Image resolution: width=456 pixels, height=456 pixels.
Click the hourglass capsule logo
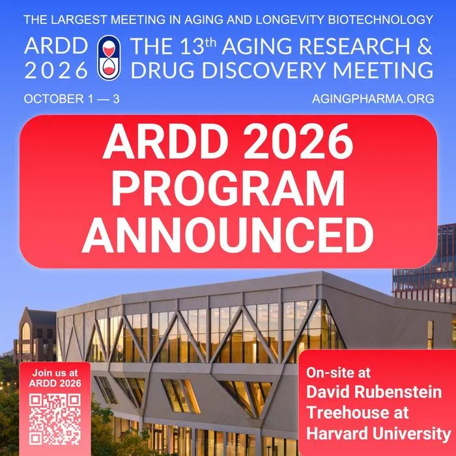pos(109,57)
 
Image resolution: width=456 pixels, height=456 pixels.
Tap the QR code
pos(55,419)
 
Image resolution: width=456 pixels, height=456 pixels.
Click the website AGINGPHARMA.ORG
pos(373,99)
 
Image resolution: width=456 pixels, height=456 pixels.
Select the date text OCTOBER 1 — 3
pos(72,99)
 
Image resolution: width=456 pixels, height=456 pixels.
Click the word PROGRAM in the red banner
pos(228,189)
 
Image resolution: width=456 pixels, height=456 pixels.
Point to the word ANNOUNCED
pos(228,235)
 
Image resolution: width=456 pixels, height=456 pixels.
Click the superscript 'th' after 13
pos(211,42)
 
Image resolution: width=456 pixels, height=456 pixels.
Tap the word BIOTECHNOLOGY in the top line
pos(380,20)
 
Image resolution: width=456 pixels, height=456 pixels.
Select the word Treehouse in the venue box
pos(358,412)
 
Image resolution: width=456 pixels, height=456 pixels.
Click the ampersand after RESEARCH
pos(425,46)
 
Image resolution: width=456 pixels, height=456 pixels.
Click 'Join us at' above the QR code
pos(55,373)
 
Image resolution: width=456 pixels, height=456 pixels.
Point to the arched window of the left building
pos(26,331)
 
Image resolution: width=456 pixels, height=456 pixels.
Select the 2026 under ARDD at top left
pos(56,70)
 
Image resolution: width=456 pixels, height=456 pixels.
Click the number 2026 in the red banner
pos(298,141)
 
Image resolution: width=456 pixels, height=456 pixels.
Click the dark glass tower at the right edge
pos(425,262)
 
